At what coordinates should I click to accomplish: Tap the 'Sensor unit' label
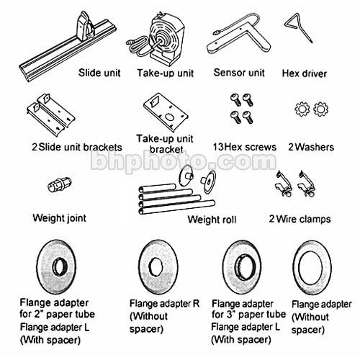239,73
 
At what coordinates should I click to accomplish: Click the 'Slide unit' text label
99,73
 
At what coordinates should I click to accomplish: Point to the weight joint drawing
59,184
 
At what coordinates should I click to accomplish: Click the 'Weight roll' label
212,220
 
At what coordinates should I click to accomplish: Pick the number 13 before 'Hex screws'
219,147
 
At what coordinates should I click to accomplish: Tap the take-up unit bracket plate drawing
166,112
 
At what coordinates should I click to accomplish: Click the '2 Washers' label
311,147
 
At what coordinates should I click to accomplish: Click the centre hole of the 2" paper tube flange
60,267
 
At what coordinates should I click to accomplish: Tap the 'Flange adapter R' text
164,304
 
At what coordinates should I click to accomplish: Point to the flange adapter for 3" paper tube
242,266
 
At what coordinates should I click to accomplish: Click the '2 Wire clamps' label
300,219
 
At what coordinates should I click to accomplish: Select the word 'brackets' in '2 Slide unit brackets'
102,147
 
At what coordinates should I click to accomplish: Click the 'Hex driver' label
305,73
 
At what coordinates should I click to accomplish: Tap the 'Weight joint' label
59,218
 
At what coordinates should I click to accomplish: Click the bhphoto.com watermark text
184,161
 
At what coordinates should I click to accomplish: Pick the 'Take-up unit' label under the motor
165,73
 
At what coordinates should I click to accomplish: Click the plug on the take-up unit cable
130,42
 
